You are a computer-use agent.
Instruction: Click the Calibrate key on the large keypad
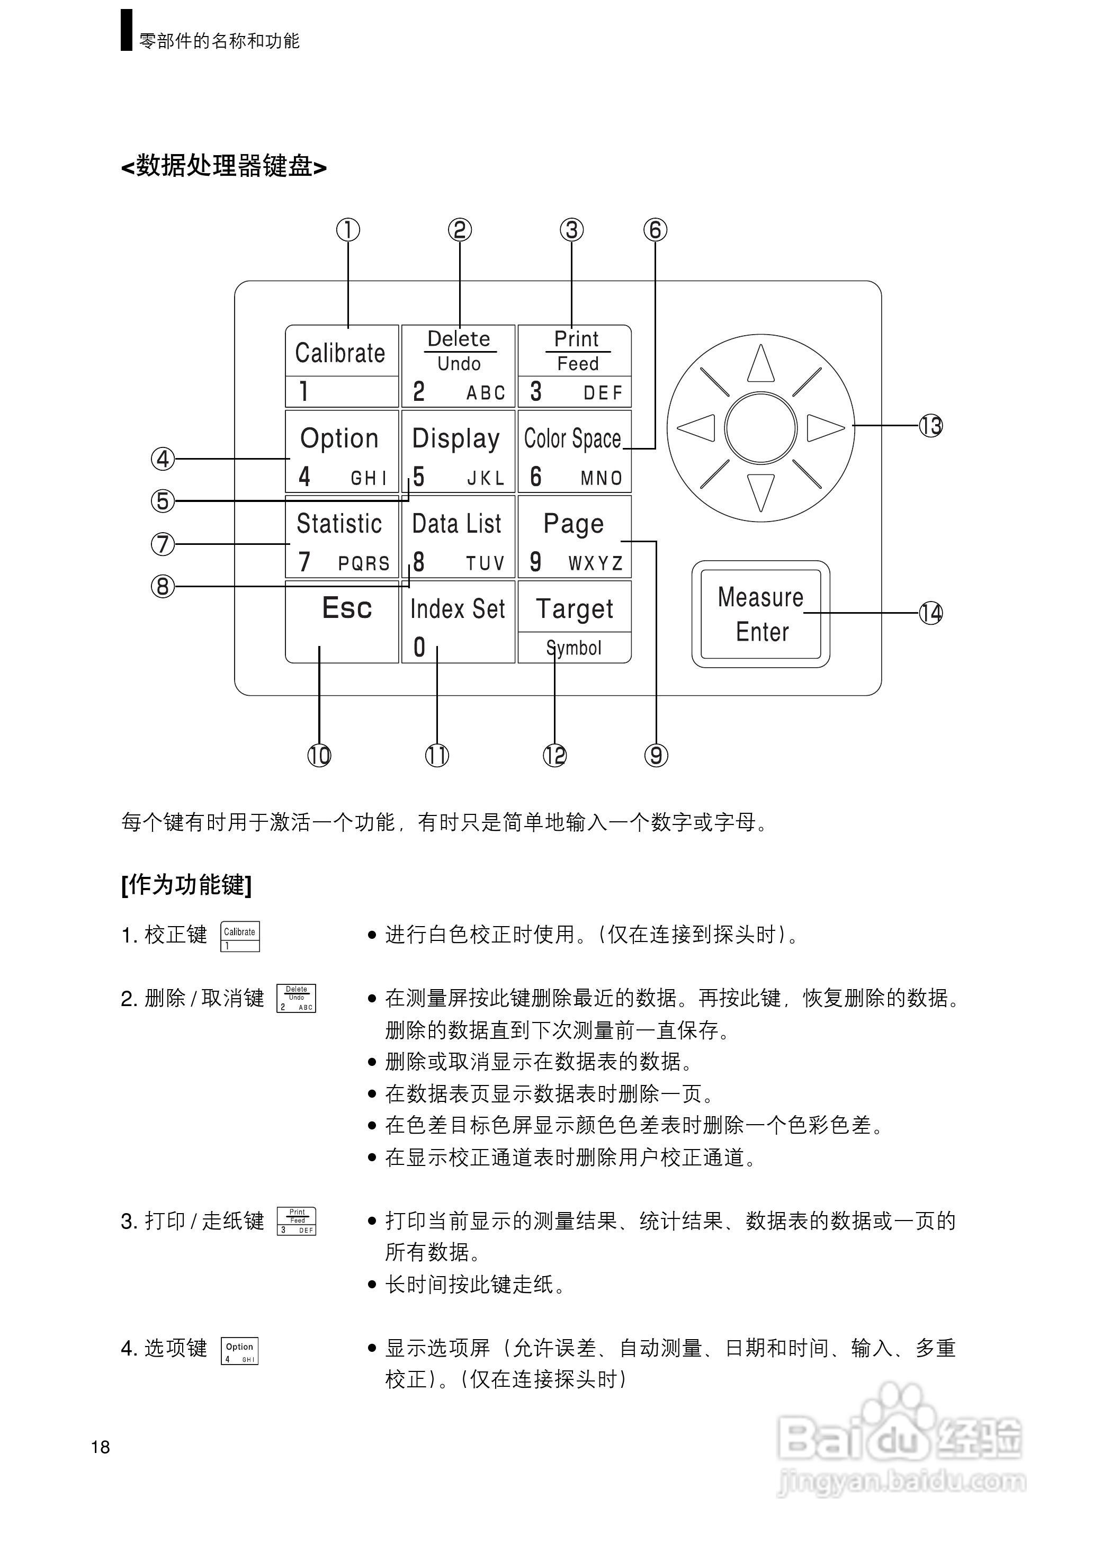point(341,365)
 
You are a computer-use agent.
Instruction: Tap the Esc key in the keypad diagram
point(342,621)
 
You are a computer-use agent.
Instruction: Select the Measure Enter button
point(760,614)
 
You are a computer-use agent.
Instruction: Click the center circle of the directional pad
point(761,428)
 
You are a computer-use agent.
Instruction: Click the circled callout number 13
point(931,426)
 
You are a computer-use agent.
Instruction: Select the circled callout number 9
point(656,755)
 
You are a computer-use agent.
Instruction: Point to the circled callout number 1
point(348,230)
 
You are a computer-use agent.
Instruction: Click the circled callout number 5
point(162,500)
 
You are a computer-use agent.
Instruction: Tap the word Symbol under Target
point(574,648)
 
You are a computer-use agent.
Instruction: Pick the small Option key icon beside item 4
point(239,1350)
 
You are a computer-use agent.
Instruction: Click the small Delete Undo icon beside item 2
point(296,998)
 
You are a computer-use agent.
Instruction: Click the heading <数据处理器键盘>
point(223,166)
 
